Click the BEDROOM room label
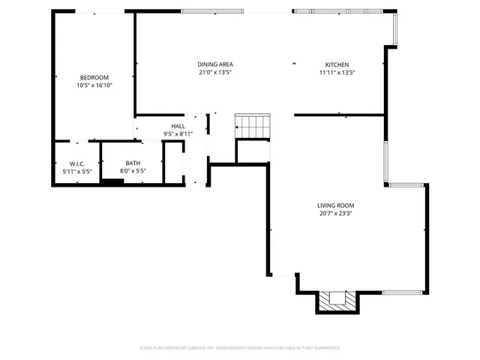(94, 77)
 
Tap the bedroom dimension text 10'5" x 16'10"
(94, 85)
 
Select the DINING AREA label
(214, 64)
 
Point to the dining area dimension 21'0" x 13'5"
(214, 73)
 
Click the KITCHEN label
(337, 64)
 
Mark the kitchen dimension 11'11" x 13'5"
(337, 73)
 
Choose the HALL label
(178, 126)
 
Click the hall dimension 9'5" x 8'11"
(178, 133)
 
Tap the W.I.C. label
(76, 163)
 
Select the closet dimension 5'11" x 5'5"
(76, 171)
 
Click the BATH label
(133, 163)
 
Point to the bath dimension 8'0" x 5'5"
(133, 171)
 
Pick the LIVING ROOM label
(335, 205)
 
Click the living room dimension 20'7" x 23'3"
(335, 213)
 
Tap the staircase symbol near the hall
(252, 126)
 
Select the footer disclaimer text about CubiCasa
(240, 348)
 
